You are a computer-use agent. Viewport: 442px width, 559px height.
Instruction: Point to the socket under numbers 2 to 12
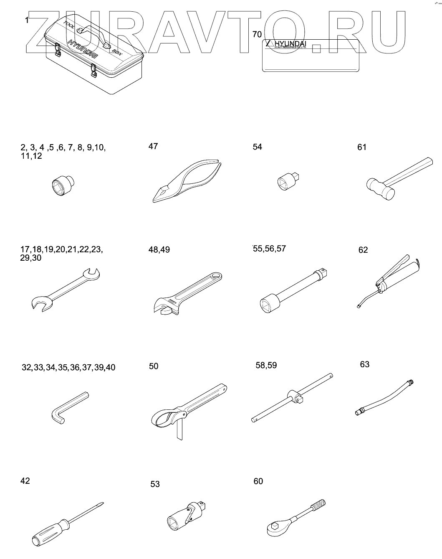coord(63,184)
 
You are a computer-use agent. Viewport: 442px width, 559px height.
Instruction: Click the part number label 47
coord(153,146)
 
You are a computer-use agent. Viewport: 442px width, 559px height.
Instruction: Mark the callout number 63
coord(364,364)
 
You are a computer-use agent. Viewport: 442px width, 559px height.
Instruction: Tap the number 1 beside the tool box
coord(27,20)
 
